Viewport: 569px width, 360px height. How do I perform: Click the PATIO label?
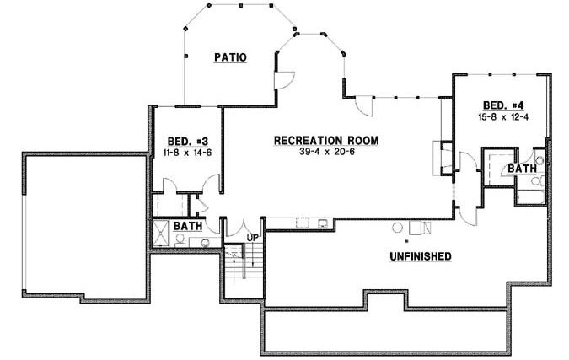pyautogui.click(x=228, y=58)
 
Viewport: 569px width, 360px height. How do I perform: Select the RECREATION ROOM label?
pyautogui.click(x=325, y=140)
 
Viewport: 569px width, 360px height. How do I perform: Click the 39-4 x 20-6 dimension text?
pyautogui.click(x=325, y=152)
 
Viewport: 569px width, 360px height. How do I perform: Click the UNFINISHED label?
pyautogui.click(x=420, y=255)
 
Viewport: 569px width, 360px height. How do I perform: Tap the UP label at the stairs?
pyautogui.click(x=251, y=239)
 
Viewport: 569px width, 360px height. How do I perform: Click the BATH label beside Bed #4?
pyautogui.click(x=522, y=169)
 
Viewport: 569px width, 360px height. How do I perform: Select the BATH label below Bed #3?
pyautogui.click(x=187, y=226)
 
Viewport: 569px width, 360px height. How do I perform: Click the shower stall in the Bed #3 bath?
pyautogui.click(x=160, y=232)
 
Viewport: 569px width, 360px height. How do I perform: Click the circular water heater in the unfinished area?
pyautogui.click(x=398, y=227)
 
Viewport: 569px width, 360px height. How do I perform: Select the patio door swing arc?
pyautogui.click(x=286, y=81)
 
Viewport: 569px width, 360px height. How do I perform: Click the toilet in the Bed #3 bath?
pyautogui.click(x=180, y=239)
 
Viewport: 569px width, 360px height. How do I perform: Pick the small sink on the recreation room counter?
pyautogui.click(x=323, y=223)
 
